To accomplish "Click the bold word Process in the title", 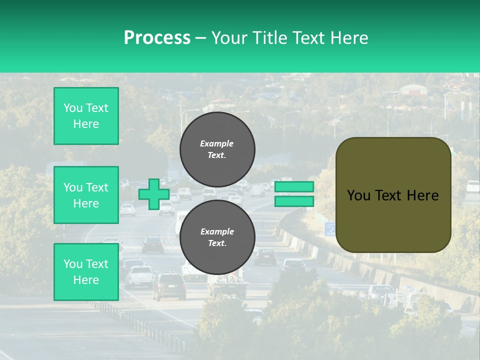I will pyautogui.click(x=157, y=37).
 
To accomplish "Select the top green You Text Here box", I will pyautogui.click(x=86, y=116).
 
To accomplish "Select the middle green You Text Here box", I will pyautogui.click(x=86, y=195).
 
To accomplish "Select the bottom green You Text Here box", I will pyautogui.click(x=86, y=271).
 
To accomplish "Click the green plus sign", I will pyautogui.click(x=154, y=194).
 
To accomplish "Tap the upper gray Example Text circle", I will pyautogui.click(x=217, y=149).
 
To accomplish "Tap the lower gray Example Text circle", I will pyautogui.click(x=217, y=237).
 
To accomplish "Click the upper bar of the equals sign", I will pyautogui.click(x=294, y=187).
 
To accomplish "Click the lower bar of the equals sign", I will pyautogui.click(x=294, y=201).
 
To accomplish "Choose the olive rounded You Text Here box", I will pyautogui.click(x=393, y=195).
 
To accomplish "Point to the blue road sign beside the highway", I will pyautogui.click(x=330, y=229).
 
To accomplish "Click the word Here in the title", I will pyautogui.click(x=349, y=37).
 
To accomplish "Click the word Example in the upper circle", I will pyautogui.click(x=217, y=143).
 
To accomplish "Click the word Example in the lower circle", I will pyautogui.click(x=217, y=231).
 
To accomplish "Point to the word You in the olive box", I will pyautogui.click(x=358, y=195).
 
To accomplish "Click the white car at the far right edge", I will pyautogui.click(x=473, y=186).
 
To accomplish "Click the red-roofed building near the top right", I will pyautogui.click(x=413, y=89).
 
